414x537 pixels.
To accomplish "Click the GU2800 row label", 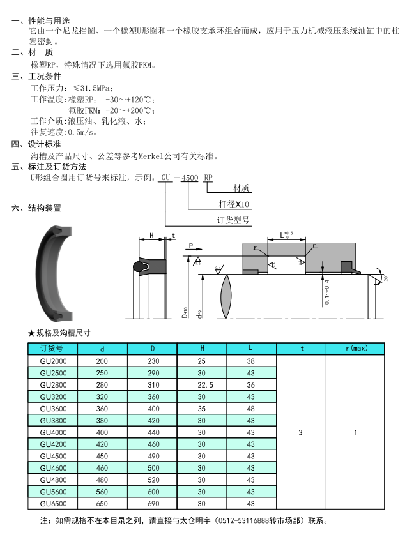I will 52,385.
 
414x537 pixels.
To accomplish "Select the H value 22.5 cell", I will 202,385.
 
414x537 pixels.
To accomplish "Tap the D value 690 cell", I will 152,504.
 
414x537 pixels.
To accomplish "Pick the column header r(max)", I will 355,348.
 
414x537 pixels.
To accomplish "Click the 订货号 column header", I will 52,348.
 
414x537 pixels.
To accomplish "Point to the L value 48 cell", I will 251,409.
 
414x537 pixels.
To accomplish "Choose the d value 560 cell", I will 102,492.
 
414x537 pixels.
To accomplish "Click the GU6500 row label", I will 52,504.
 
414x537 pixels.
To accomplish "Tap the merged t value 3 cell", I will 301,432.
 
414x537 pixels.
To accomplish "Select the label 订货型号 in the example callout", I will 233,221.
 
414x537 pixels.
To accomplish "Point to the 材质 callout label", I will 241,188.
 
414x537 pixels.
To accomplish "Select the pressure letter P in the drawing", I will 191,245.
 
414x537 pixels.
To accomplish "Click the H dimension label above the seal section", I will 151,236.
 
